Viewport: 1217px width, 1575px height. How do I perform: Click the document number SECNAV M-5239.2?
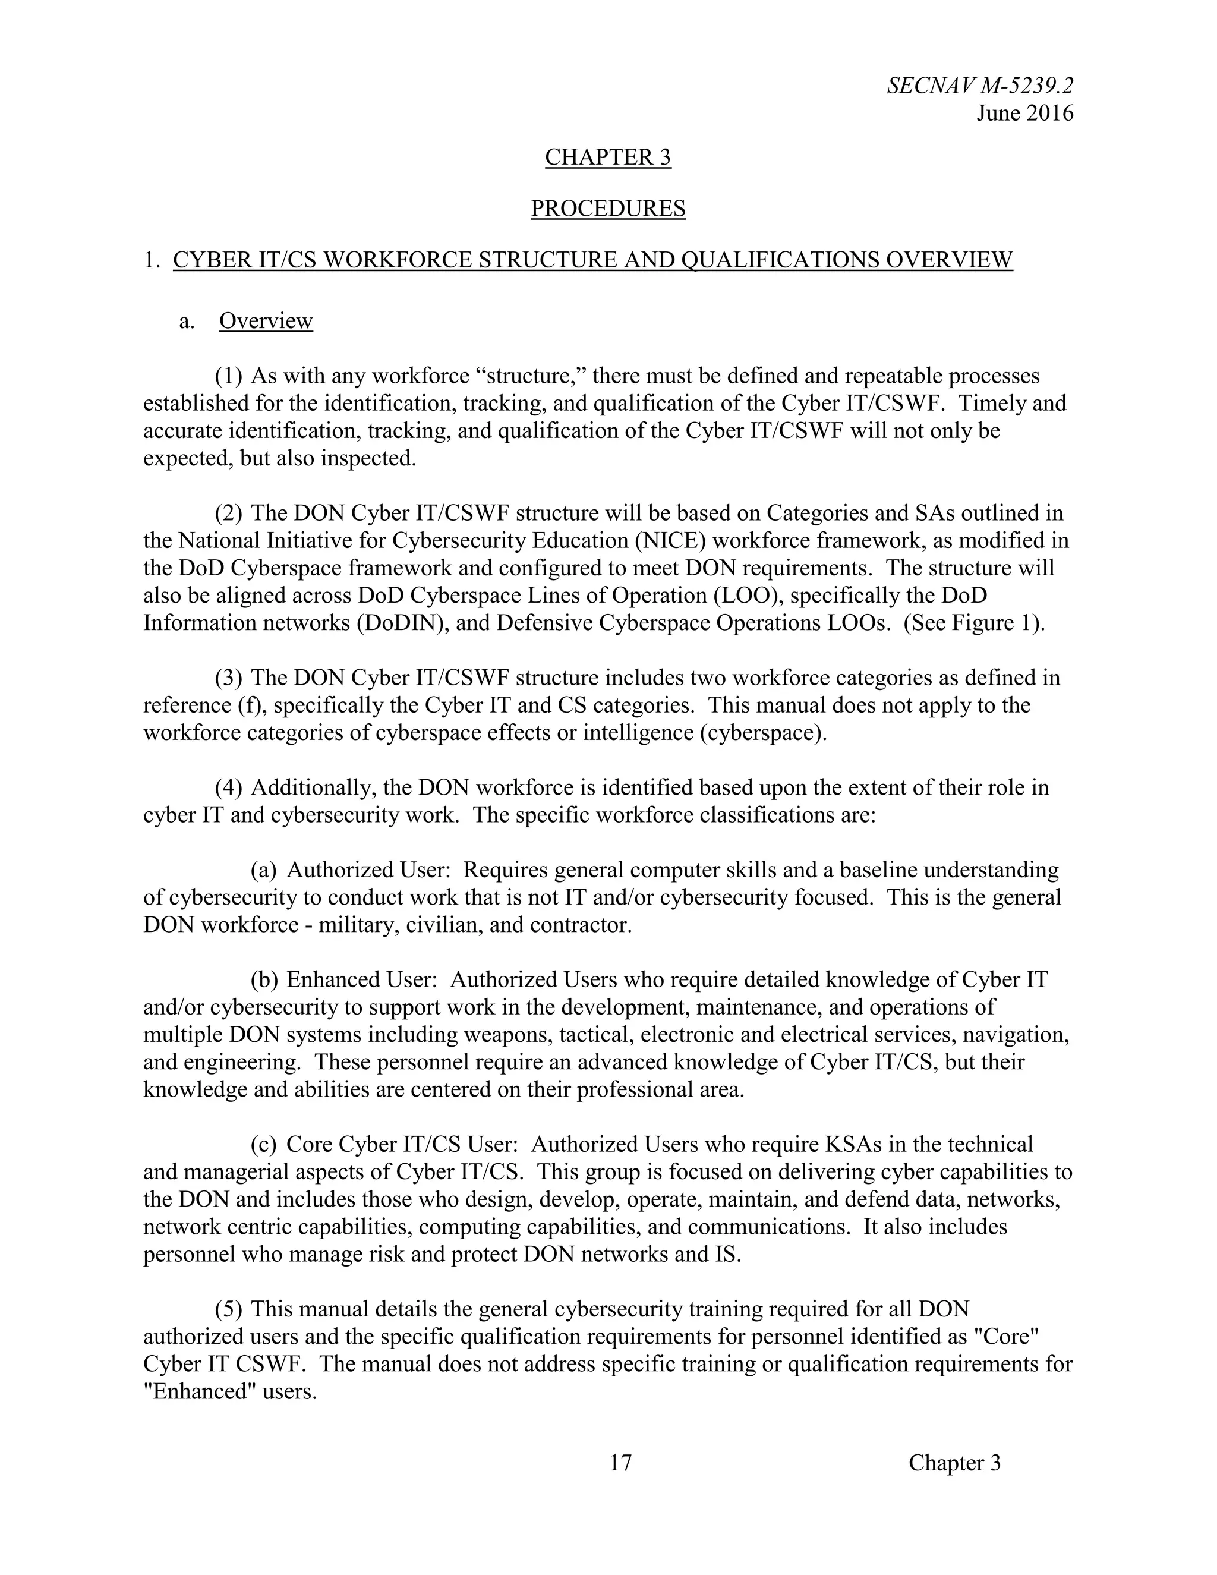pyautogui.click(x=980, y=86)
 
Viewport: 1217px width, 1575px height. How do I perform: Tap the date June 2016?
pyautogui.click(x=1024, y=113)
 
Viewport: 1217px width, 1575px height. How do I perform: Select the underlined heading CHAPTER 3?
pyautogui.click(x=608, y=157)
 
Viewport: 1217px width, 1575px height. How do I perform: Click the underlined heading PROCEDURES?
pyautogui.click(x=608, y=209)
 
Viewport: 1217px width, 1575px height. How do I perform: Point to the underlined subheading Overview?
pyautogui.click(x=266, y=321)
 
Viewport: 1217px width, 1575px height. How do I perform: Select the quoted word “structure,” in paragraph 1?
pyautogui.click(x=531, y=376)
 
